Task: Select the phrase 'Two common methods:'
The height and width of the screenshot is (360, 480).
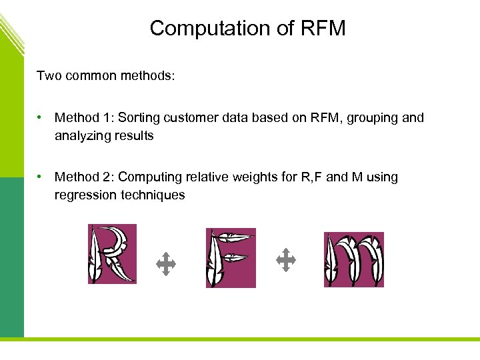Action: [106, 75]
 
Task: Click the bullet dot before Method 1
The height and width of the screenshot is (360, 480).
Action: [41, 117]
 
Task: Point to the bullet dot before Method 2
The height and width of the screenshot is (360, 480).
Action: [41, 177]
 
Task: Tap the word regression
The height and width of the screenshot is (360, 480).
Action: [85, 195]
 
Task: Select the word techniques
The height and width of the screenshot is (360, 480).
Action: [153, 195]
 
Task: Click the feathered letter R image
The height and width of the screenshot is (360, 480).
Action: [112, 254]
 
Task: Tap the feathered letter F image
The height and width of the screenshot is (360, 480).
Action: [231, 258]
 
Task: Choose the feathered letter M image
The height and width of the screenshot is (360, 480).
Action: [353, 259]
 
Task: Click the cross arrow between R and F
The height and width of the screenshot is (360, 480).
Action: [165, 265]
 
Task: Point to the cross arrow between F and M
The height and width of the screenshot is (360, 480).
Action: [285, 260]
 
